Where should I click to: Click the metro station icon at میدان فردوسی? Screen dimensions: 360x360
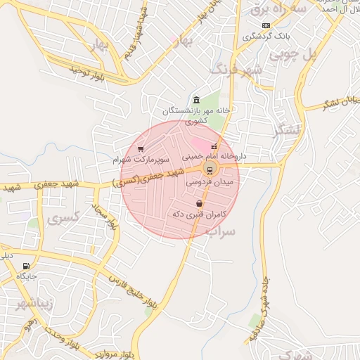[210, 169]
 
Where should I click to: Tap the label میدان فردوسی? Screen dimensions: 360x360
[214, 182]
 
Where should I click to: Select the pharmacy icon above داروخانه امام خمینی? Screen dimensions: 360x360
[214, 146]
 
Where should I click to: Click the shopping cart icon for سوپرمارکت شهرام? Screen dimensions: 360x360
[141, 149]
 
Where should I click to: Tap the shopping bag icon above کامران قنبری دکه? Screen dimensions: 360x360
[200, 204]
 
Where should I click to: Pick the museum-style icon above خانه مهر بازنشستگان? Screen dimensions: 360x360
[196, 100]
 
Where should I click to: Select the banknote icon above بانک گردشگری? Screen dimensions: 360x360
[266, 25]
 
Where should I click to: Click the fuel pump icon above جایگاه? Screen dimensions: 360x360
[27, 266]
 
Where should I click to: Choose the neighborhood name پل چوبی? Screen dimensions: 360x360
[324, 54]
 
